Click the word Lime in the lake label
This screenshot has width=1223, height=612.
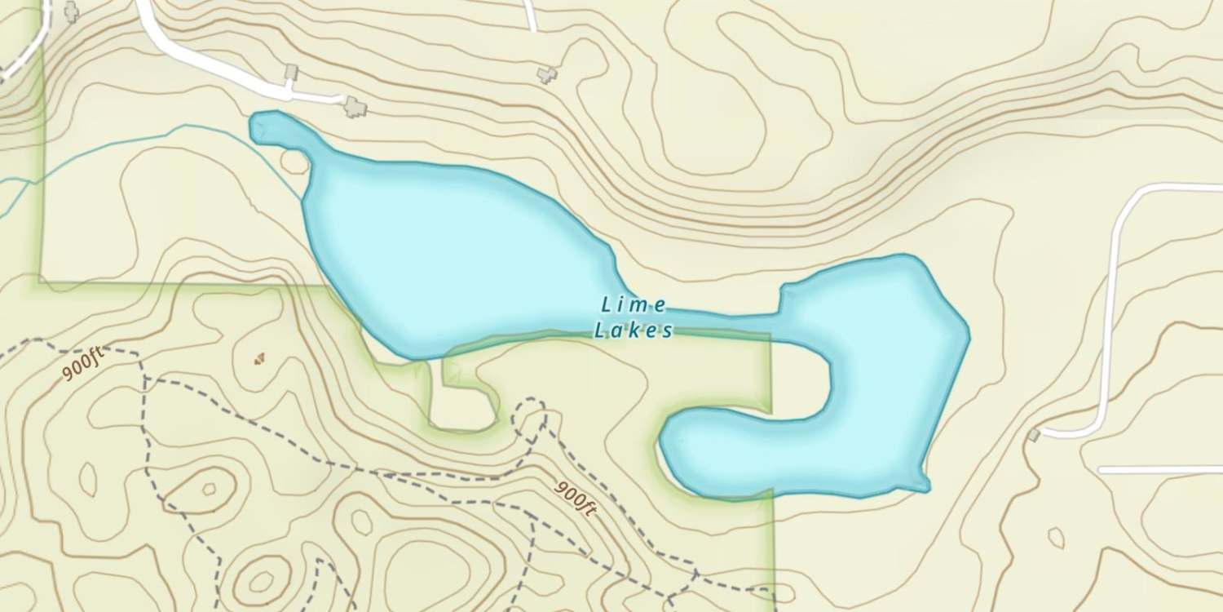click(x=634, y=305)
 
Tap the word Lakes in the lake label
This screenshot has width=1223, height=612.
click(x=634, y=330)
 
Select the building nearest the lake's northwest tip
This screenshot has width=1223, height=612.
click(x=355, y=105)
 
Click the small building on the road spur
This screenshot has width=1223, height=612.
click(x=291, y=73)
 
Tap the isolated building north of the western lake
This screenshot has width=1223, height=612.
click(x=546, y=74)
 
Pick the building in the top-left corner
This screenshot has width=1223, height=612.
click(x=72, y=11)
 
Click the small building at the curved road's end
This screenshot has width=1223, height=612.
click(x=1035, y=435)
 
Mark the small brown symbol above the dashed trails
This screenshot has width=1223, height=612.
click(x=259, y=357)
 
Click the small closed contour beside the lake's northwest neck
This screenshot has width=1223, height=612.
click(x=294, y=161)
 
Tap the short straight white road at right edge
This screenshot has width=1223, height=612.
click(x=1158, y=470)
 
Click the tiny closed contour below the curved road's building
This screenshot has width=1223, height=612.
click(x=1056, y=538)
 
